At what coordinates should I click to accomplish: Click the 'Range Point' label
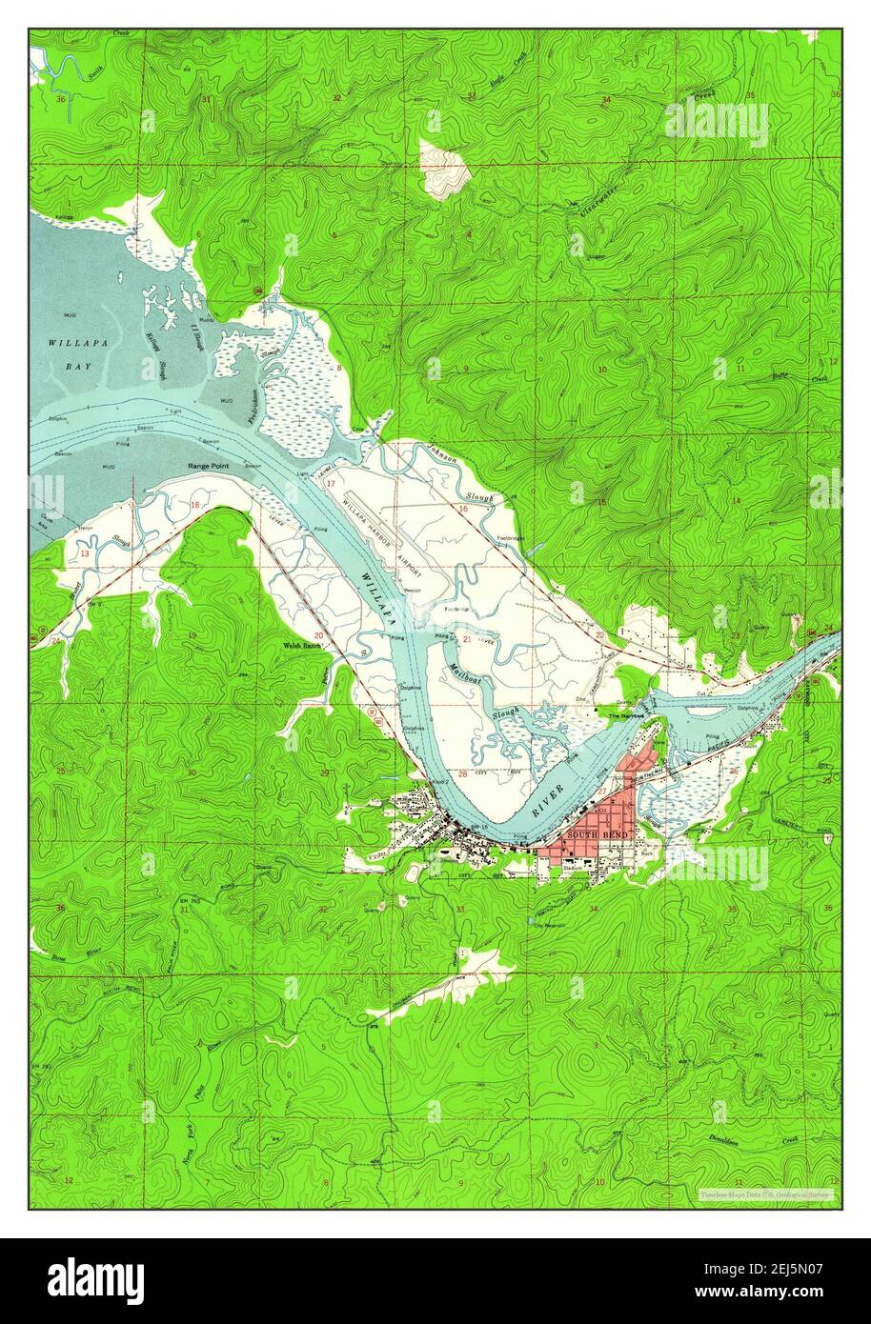[x=208, y=466]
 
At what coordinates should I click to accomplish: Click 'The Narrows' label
[x=626, y=714]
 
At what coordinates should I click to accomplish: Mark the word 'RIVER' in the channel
[x=548, y=798]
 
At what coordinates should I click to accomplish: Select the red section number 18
[x=195, y=505]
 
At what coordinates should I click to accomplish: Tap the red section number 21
[x=467, y=638]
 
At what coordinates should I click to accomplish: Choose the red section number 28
[x=462, y=774]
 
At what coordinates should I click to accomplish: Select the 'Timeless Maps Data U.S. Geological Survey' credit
[x=764, y=1194]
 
